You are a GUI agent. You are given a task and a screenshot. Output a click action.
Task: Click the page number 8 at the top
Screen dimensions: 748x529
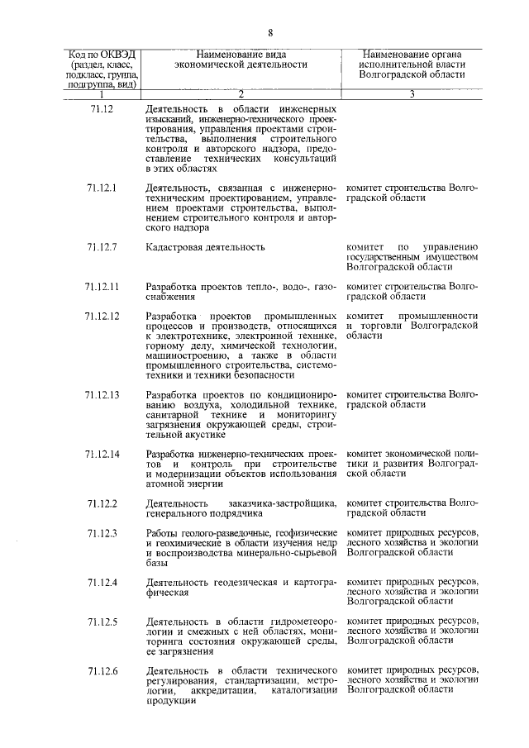click(x=269, y=32)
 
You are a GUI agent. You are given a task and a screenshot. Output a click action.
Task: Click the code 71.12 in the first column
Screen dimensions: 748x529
click(x=99, y=109)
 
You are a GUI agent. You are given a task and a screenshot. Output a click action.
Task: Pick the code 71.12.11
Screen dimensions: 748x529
click(x=102, y=286)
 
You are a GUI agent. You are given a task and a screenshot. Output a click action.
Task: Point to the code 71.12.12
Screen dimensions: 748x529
click(x=102, y=317)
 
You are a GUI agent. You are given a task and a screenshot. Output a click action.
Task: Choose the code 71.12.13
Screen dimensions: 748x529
click(x=102, y=394)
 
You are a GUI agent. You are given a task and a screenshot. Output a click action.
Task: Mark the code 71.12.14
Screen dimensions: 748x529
click(x=102, y=454)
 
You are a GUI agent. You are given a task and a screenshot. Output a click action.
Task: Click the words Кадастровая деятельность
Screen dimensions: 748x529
click(x=205, y=246)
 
